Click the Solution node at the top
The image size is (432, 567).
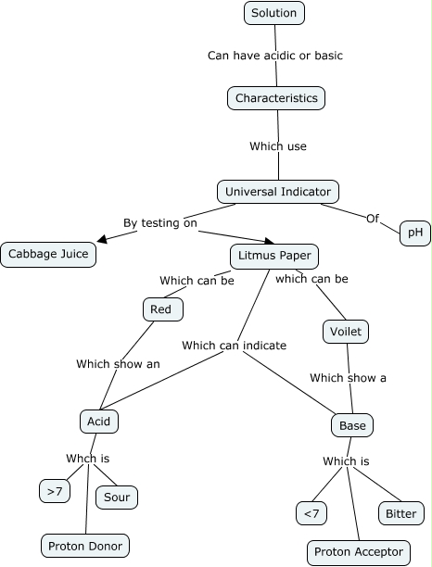click(x=274, y=13)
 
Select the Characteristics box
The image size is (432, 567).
click(x=276, y=98)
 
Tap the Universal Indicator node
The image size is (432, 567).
click(x=278, y=192)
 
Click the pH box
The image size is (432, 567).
click(x=414, y=233)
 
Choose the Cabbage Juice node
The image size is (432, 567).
click(x=48, y=253)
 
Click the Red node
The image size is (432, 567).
click(x=161, y=309)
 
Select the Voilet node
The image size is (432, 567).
click(x=346, y=331)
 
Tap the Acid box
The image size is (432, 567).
click(x=98, y=421)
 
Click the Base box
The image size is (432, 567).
click(x=352, y=425)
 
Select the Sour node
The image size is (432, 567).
click(x=117, y=498)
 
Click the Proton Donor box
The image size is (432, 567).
click(x=84, y=545)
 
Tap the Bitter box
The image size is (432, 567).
click(x=400, y=512)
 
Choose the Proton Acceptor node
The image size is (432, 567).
click(x=358, y=552)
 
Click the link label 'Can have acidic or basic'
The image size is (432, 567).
click(x=274, y=56)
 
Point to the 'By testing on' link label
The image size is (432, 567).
click(x=160, y=222)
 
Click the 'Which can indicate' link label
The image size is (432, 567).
click(x=234, y=345)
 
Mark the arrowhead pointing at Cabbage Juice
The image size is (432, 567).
click(x=102, y=239)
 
